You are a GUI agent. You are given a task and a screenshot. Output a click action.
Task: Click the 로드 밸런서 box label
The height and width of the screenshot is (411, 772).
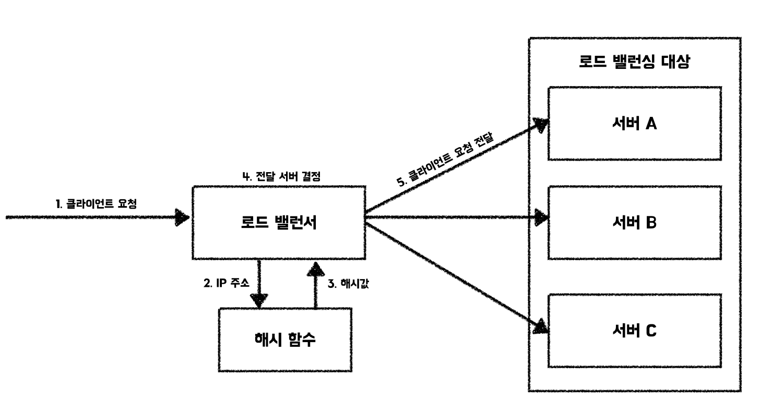279,223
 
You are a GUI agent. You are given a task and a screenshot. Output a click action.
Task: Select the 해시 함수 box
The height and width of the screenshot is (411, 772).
285,340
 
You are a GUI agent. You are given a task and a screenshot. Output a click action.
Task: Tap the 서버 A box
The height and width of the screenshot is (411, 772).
634,124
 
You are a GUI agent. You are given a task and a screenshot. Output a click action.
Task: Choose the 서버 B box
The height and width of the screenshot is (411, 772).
634,223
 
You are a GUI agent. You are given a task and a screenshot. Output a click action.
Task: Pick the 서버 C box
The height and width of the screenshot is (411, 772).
634,331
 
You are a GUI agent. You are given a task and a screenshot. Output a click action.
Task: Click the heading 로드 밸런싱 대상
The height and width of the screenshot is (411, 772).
634,63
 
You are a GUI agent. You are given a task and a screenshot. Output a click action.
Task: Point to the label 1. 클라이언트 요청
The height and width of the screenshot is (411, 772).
97,204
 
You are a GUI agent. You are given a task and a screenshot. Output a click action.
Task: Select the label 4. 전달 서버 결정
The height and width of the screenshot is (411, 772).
281,176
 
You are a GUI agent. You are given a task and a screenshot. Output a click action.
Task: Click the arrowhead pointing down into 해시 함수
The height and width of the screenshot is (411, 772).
259,300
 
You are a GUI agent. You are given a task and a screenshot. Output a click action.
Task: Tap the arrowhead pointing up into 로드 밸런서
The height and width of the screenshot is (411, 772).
315,268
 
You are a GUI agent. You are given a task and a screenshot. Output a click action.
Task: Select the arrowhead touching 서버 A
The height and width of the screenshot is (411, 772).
540,125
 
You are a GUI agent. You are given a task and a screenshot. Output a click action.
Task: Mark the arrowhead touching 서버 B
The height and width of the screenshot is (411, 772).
541,216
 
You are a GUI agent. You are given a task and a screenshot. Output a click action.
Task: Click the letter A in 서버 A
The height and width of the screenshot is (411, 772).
650,124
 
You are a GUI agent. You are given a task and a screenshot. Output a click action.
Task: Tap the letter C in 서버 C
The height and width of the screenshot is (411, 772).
650,331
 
